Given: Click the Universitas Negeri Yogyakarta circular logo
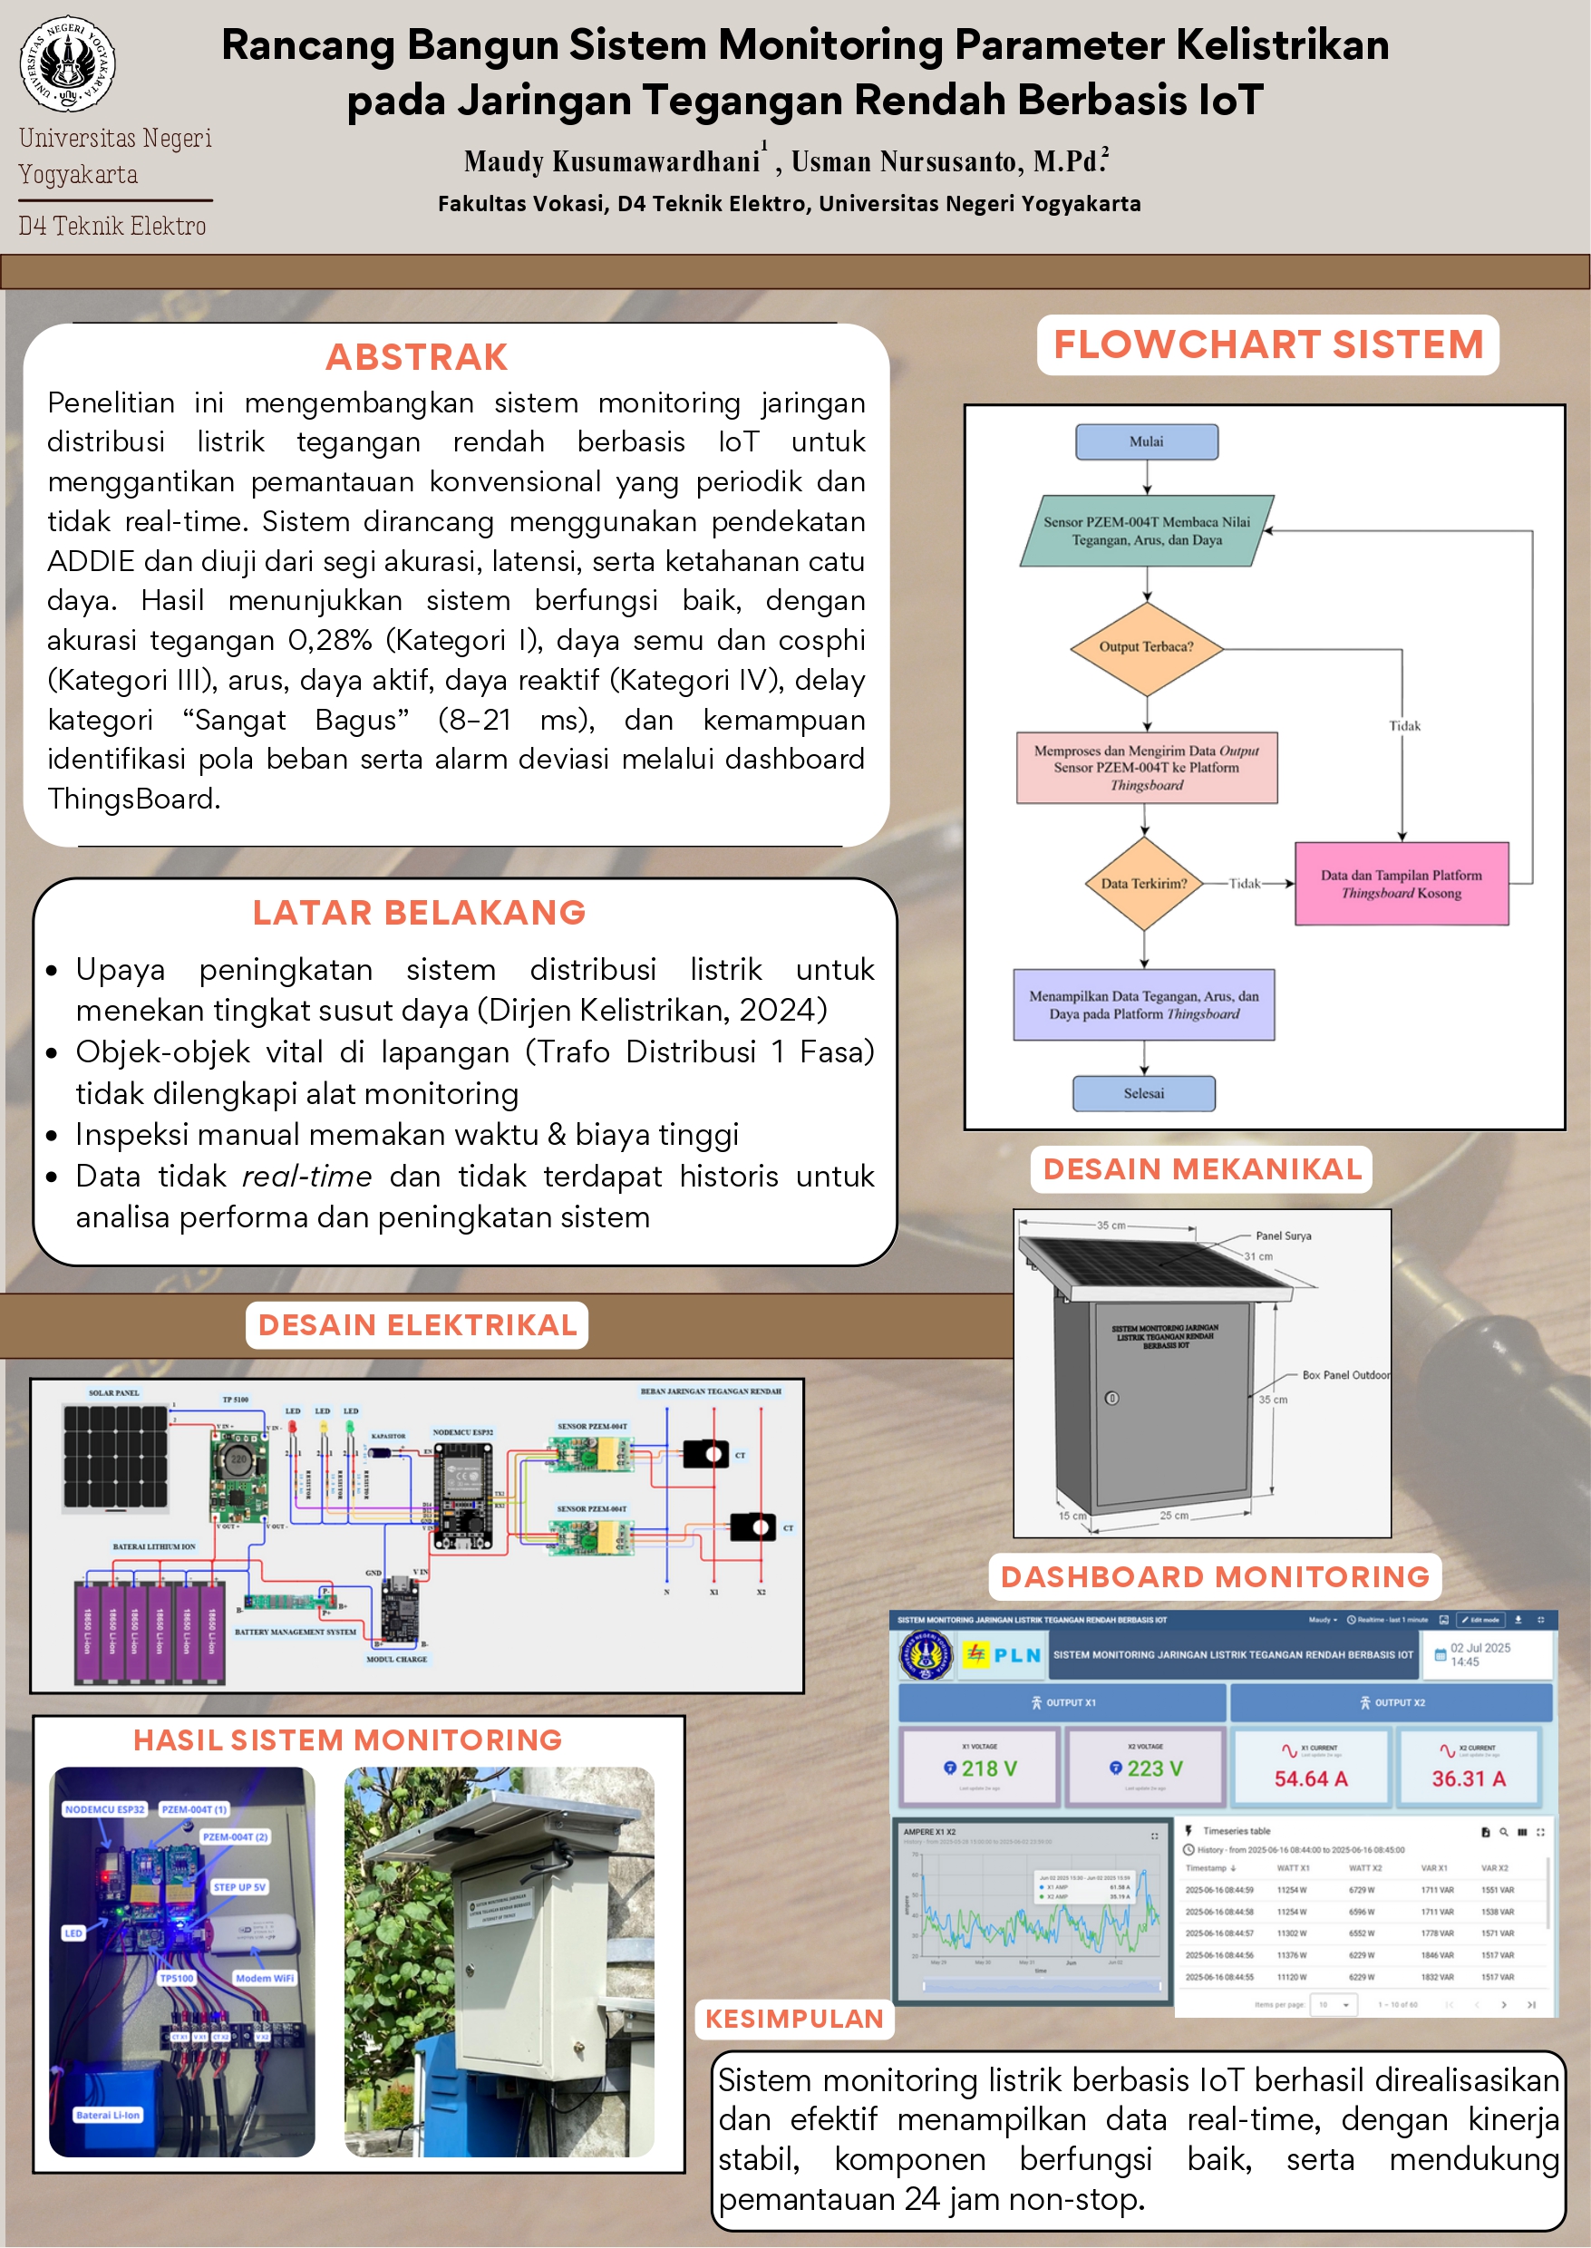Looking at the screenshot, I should coord(68,63).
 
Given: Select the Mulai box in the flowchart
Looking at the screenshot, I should coord(1146,441).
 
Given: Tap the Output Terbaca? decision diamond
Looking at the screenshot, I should coord(1146,646).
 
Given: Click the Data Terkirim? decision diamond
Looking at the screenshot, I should coord(1143,884).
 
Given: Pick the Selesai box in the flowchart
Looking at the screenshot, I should coord(1143,1093).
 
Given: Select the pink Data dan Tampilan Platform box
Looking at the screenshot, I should coord(1401,884).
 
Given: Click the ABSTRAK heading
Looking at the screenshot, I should coord(416,357).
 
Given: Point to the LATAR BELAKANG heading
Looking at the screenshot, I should coord(420,913).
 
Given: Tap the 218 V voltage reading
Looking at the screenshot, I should coord(980,1769).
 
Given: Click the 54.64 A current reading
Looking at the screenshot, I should coord(1311,1778).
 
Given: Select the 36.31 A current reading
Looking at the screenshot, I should coord(1469,1778).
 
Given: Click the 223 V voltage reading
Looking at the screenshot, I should coord(1146,1769).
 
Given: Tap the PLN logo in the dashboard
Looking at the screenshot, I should coord(1003,1655).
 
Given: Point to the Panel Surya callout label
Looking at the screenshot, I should coord(1284,1236).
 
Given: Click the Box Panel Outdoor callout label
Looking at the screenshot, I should coord(1345,1375).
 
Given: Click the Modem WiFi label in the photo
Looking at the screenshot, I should coord(265,1979).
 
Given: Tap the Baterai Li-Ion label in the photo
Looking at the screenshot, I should coord(109,2115).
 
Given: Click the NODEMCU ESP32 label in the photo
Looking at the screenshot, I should coord(105,1809).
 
